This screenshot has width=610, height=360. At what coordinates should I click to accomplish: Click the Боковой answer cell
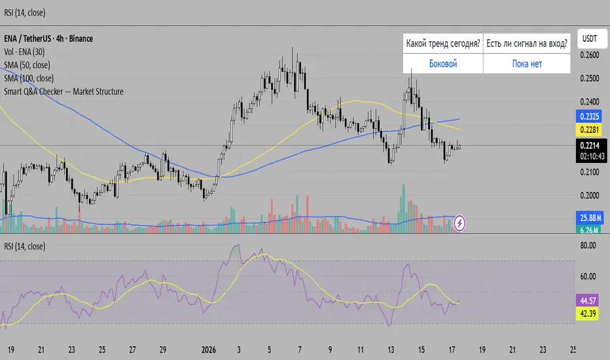[x=443, y=63]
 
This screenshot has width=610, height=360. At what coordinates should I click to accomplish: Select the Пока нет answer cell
[x=527, y=63]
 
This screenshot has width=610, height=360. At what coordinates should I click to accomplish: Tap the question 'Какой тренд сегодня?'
[x=443, y=44]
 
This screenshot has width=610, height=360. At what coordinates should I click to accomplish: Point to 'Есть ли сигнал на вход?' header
[x=527, y=44]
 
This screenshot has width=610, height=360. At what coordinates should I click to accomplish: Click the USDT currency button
[x=591, y=39]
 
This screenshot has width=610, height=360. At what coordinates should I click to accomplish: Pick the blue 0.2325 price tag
[x=591, y=116]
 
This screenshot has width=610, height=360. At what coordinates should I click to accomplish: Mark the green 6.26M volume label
[x=591, y=229]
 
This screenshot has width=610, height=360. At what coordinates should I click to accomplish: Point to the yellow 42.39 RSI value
[x=591, y=313]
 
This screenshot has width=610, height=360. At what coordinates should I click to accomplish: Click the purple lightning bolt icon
[x=460, y=223]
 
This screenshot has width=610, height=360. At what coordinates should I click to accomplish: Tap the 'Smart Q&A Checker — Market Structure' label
[x=63, y=92]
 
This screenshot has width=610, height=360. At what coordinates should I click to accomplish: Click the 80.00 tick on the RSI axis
[x=591, y=246]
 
